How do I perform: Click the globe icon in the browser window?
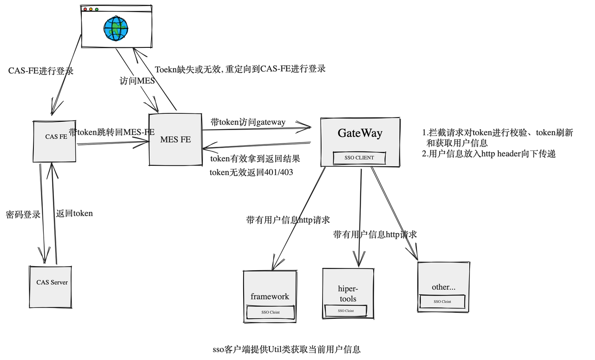click(x=115, y=28)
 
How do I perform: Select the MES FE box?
click(x=175, y=139)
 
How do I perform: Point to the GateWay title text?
click(x=360, y=133)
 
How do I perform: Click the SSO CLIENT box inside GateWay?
click(x=359, y=158)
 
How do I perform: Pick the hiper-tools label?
click(x=348, y=294)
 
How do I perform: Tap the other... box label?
click(x=443, y=287)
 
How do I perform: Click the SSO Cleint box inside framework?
click(x=270, y=313)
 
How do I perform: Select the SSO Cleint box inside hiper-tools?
click(x=346, y=311)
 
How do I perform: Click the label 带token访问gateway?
click(x=248, y=122)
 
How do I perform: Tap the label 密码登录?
click(x=23, y=215)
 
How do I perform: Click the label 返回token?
click(x=74, y=214)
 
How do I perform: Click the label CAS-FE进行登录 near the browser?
click(x=41, y=71)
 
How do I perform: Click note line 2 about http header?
click(x=489, y=154)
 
